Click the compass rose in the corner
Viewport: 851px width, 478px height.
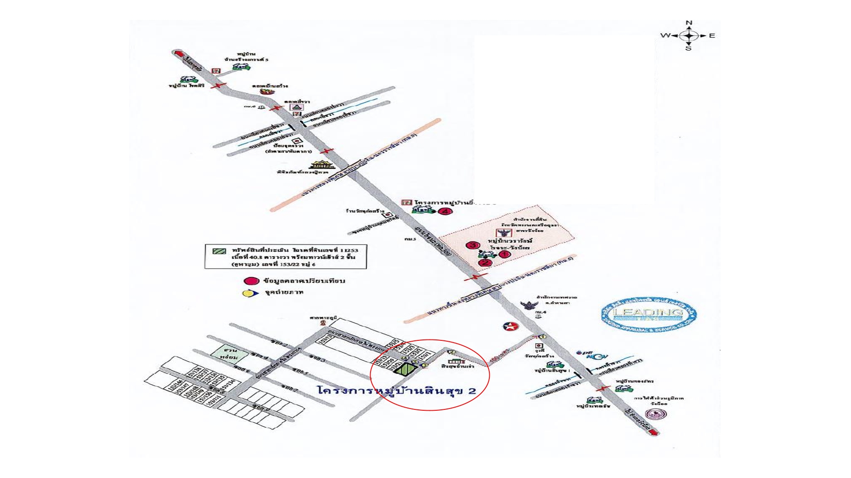689,35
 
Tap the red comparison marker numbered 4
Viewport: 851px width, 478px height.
445,211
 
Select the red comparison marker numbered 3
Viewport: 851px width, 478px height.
473,245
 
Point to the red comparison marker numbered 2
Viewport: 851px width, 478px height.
486,262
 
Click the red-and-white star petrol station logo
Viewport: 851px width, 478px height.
510,327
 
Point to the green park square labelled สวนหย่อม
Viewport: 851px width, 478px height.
224,354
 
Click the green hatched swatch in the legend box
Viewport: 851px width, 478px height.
219,251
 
